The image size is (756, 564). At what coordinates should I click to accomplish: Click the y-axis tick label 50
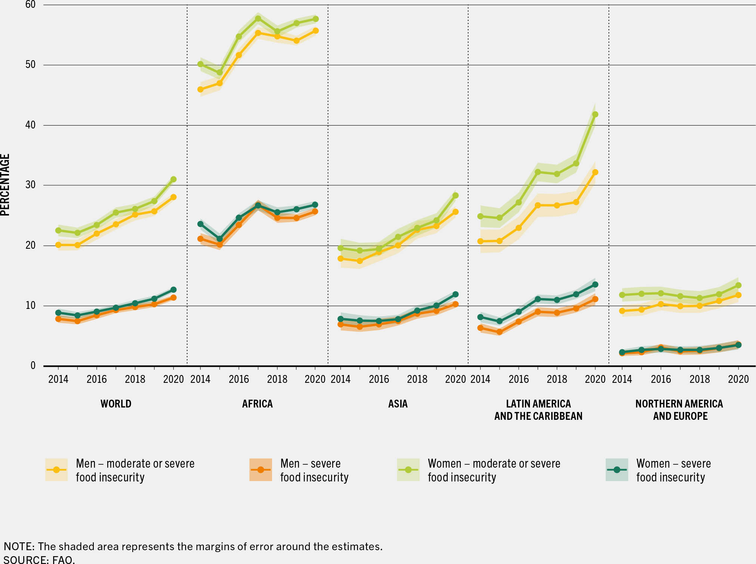click(30, 65)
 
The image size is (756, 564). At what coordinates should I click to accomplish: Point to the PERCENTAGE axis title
click(5, 185)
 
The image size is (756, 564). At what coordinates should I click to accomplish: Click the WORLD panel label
click(116, 404)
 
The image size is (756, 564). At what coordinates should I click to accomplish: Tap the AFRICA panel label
click(257, 404)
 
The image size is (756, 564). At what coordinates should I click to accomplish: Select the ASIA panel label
click(398, 404)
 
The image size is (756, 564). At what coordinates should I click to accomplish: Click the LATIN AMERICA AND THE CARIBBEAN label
click(538, 410)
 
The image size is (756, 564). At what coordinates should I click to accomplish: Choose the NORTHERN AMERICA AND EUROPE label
click(679, 410)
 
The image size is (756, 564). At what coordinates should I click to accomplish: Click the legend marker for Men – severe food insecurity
click(260, 470)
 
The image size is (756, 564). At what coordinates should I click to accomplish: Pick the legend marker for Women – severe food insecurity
click(617, 470)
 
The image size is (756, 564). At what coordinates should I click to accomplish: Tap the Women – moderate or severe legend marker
click(408, 470)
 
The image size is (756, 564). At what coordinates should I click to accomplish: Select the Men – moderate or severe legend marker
click(56, 470)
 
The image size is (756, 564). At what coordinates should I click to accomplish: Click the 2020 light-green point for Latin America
click(595, 114)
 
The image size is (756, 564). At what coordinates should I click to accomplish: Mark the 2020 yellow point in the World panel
click(173, 197)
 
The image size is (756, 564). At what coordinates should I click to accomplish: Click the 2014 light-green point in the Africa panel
click(200, 64)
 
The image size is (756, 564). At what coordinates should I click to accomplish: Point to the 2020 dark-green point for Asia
click(456, 294)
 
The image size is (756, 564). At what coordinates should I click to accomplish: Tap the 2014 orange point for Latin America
click(480, 328)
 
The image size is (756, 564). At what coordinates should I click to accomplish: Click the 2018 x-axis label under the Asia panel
click(417, 379)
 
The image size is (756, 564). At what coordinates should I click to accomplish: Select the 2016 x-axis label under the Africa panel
click(239, 379)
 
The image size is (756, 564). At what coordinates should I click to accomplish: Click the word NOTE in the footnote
click(19, 546)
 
